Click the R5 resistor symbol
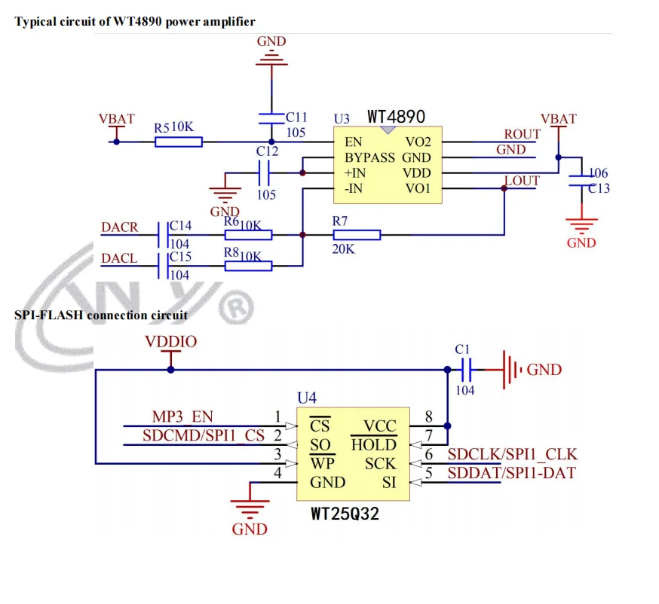(179, 141)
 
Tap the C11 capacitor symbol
(271, 117)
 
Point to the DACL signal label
(119, 258)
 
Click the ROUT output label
(522, 134)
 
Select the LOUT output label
(522, 181)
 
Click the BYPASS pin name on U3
(369, 157)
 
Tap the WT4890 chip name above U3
(396, 117)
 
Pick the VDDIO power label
(170, 342)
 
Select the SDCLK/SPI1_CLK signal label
(512, 454)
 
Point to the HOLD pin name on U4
(373, 445)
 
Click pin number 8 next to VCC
(428, 416)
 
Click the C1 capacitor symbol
(465, 370)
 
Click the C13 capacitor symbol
(581, 181)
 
